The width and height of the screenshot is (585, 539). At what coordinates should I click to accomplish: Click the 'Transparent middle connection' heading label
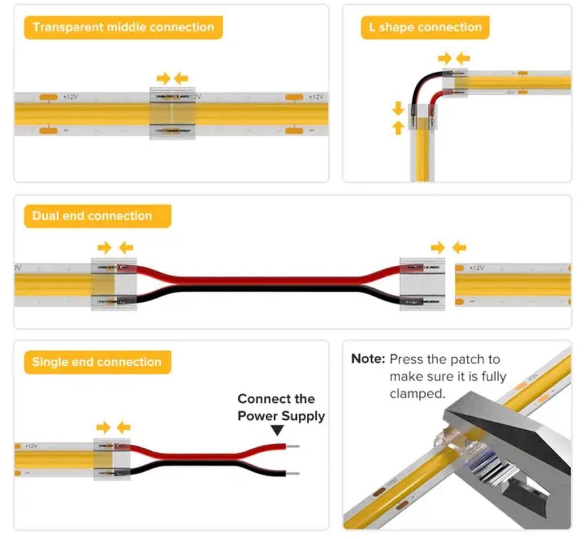click(123, 27)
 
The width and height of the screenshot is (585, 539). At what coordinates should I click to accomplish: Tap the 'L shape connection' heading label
click(425, 27)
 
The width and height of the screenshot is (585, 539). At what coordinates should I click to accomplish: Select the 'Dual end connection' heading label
click(93, 216)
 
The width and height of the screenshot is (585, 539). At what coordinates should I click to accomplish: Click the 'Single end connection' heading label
click(97, 362)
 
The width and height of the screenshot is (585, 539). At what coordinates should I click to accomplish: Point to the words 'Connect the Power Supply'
click(281, 407)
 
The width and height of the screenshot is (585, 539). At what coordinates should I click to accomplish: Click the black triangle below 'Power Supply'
click(277, 430)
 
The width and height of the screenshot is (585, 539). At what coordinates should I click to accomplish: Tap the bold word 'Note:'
click(368, 359)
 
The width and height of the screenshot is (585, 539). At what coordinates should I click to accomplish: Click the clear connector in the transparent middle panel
click(173, 113)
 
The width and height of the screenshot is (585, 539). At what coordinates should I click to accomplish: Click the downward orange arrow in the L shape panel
click(398, 108)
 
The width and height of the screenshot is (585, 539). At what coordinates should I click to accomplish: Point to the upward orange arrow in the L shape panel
click(398, 127)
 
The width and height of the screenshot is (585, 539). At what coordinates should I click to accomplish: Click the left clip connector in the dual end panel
click(114, 284)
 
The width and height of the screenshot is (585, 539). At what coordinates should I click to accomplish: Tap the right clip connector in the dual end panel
click(422, 284)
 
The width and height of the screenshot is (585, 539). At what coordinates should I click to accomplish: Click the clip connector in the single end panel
click(112, 459)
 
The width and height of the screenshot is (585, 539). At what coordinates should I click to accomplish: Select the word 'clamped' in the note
click(416, 394)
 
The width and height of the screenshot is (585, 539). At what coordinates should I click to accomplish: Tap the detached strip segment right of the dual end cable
click(513, 284)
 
